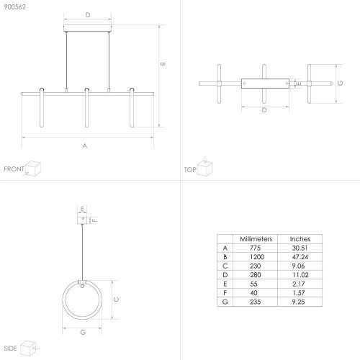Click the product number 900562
14,7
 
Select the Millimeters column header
256,239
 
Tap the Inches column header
300,239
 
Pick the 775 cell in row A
255,248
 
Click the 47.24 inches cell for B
300,257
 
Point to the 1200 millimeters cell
257,257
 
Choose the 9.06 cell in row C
298,266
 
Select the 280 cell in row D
256,275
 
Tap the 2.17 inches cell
298,284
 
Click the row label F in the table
225,293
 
